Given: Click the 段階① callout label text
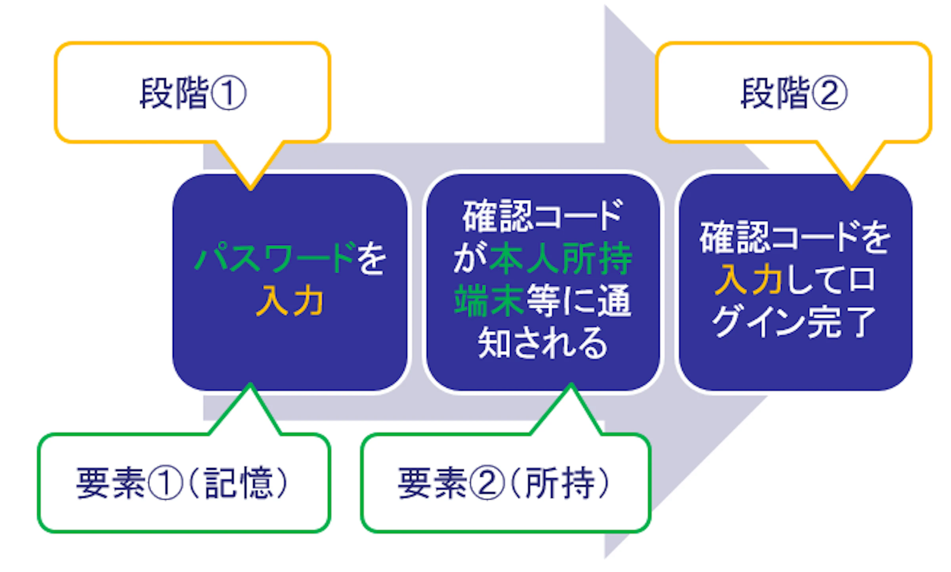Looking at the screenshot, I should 193,93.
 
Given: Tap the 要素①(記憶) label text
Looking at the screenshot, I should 182,483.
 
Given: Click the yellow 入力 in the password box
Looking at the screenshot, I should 290,301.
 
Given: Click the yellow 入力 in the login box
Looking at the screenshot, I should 748,280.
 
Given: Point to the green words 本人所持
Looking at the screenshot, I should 561,259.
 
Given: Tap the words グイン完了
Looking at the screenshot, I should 793,322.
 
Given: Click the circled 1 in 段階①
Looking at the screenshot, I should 229,94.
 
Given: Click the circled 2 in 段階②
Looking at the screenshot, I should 829,94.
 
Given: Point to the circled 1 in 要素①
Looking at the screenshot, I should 165,483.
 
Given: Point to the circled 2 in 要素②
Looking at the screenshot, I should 487,483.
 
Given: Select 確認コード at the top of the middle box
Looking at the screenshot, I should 542,216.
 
